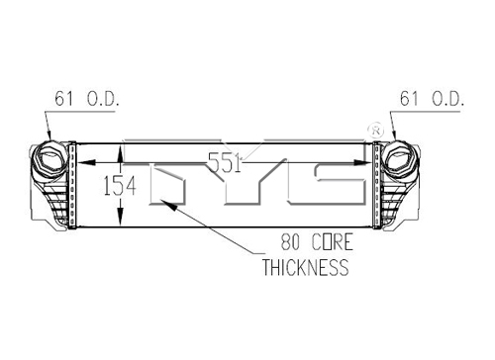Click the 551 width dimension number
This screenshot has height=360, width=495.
(226, 163)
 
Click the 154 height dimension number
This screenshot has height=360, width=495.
(120, 186)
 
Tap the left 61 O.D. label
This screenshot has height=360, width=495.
(87, 99)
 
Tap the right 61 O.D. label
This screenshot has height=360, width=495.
(432, 99)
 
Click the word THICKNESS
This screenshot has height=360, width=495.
(305, 267)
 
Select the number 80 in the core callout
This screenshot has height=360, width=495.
(290, 241)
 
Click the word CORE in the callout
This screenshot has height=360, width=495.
(333, 241)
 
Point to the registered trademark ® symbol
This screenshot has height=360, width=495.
(375, 131)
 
